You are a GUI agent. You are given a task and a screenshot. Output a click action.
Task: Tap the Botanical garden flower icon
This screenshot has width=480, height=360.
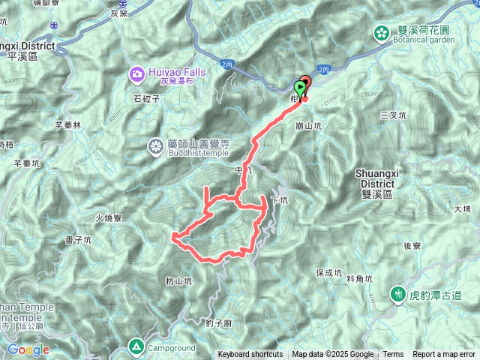pyautogui.click(x=382, y=32)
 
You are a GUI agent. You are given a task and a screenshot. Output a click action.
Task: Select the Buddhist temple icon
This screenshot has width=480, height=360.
pyautogui.click(x=157, y=145)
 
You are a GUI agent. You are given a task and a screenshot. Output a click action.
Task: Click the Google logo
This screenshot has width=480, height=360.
pyautogui.click(x=28, y=349)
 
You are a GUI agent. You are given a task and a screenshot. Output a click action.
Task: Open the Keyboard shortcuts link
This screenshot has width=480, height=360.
pyautogui.click(x=250, y=355)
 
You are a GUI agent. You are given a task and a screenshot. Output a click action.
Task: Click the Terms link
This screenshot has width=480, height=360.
pyautogui.click(x=393, y=355)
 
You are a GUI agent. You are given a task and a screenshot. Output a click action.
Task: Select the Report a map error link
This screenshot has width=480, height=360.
pyautogui.click(x=445, y=355)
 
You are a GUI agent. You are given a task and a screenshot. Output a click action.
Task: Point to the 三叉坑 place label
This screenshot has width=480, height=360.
pyautogui.click(x=393, y=115)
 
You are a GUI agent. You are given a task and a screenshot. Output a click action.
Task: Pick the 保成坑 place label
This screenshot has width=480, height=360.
pyautogui.click(x=328, y=273)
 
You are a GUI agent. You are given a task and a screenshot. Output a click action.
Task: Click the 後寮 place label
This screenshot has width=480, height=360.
pyautogui.click(x=415, y=246)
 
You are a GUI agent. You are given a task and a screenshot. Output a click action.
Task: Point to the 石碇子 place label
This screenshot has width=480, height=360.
pyautogui.click(x=148, y=98)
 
